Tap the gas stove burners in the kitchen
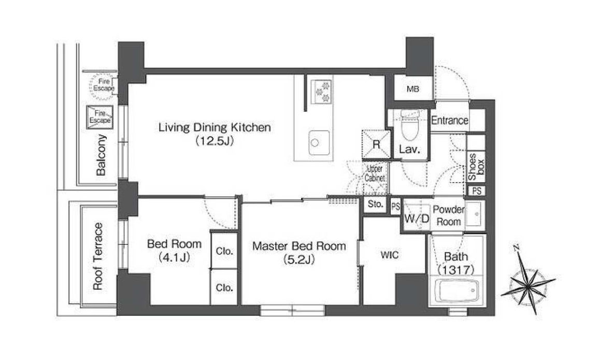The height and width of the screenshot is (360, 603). point(322,92)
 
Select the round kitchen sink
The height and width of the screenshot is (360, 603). point(315,143)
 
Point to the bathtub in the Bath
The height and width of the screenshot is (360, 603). point(456,291)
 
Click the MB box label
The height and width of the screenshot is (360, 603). point(413,89)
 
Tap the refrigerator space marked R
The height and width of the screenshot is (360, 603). point(376,145)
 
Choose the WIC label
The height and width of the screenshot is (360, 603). point(389,255)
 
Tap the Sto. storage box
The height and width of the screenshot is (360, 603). point(376,204)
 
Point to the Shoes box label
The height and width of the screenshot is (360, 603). point(476,167)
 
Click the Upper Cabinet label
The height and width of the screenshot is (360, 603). point(375,174)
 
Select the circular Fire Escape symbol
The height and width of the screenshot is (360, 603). point(104,84)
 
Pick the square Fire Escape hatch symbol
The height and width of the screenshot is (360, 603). point(100,117)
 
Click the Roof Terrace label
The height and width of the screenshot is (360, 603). point(98,256)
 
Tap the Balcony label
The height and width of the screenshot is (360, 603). point(101,154)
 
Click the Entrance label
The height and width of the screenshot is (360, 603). point(450,120)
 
